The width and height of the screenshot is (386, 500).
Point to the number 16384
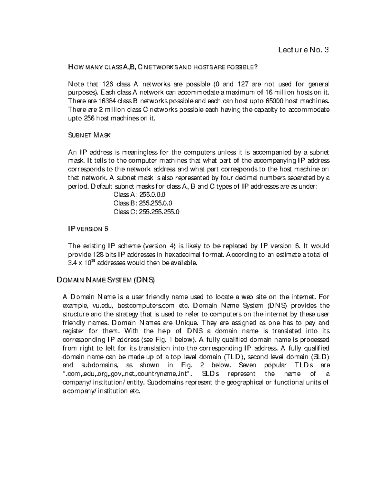point(106,101)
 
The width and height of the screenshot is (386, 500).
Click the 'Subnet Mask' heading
point(89,135)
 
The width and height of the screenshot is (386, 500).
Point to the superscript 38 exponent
point(94,261)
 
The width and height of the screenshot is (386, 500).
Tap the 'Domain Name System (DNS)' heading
point(106,280)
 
